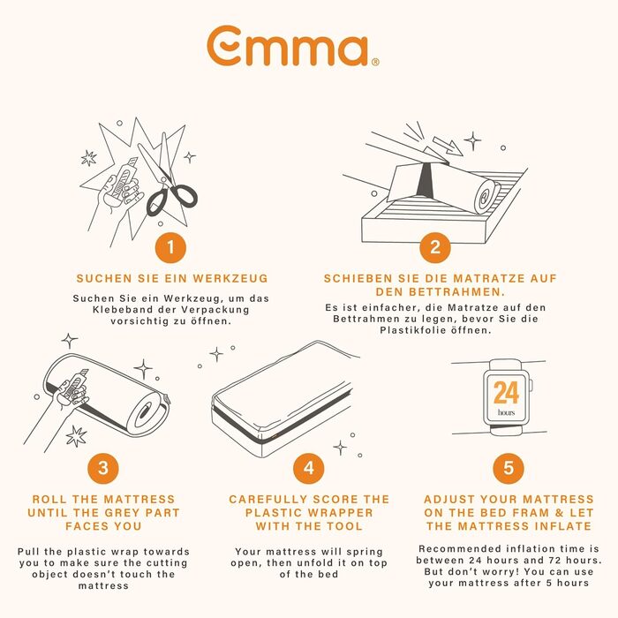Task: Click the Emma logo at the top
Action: coord(292,47)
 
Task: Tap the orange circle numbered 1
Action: coord(170,247)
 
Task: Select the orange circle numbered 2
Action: coord(435,247)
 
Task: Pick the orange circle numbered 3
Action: coord(103,468)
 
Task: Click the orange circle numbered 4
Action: coord(309,468)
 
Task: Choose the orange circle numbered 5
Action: coord(509,468)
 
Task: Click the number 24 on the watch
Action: coord(507,393)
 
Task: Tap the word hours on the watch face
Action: coord(507,412)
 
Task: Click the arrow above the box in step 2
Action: coord(448,146)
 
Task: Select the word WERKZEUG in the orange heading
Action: coord(230,279)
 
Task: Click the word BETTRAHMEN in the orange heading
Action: coord(456,292)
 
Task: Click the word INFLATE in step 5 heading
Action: coord(563,526)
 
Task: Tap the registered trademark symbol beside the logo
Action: coord(375,62)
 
